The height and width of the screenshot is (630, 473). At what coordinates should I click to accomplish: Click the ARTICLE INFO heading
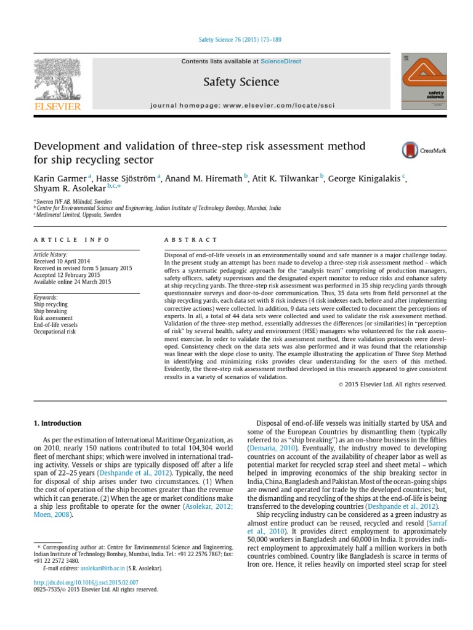point(72,239)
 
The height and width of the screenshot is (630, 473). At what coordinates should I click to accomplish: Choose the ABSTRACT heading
point(191,239)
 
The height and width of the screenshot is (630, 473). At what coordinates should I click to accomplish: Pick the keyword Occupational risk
point(55,332)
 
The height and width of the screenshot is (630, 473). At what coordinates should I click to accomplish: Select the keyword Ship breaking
point(51,311)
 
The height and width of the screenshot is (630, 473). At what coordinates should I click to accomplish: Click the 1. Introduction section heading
point(57,423)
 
